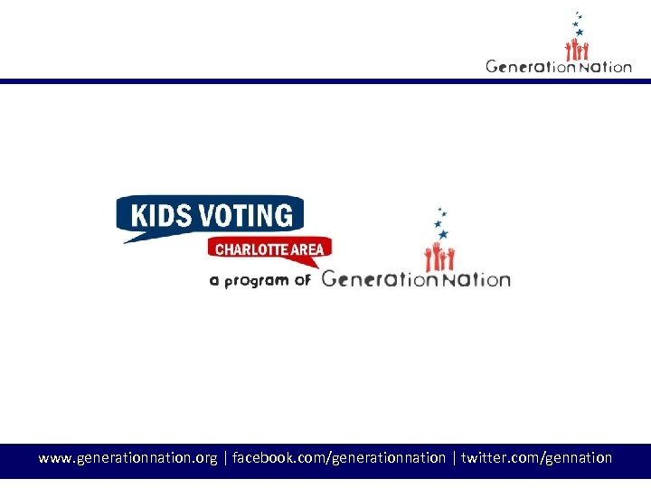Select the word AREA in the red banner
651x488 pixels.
click(307, 249)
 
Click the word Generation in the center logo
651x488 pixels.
click(375, 278)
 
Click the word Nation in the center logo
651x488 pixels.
click(475, 279)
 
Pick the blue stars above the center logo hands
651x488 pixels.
click(439, 221)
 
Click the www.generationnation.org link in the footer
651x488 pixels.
click(127, 458)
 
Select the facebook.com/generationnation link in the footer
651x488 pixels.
click(339, 458)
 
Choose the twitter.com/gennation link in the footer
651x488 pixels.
click(536, 458)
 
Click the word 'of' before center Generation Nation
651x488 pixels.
click(302, 280)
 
